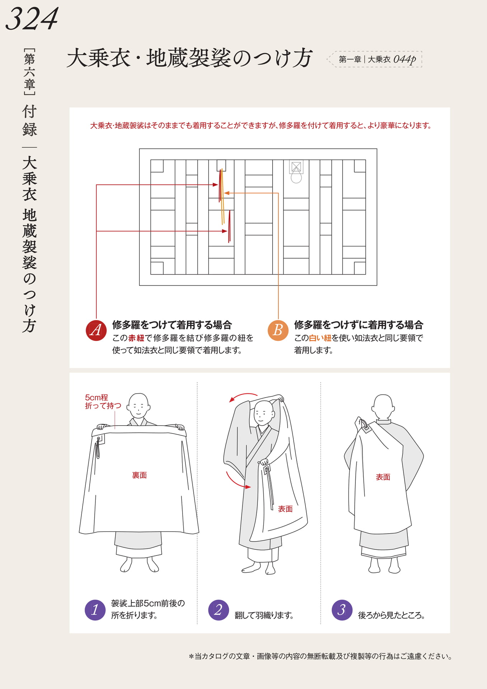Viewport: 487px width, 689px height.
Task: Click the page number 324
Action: click(32, 19)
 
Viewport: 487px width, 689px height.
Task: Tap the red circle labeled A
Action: click(96, 330)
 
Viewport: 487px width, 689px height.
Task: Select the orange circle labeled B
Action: click(278, 330)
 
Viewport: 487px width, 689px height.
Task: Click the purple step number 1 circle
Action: click(95, 610)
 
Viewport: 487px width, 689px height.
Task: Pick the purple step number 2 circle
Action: click(218, 610)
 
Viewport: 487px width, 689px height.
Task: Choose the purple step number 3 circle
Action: click(342, 610)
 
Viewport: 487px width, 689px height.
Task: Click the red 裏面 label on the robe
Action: click(140, 475)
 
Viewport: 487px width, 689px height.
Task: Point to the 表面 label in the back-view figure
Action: click(383, 477)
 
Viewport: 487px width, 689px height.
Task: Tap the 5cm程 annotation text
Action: click(96, 397)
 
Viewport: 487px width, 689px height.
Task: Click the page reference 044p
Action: click(405, 59)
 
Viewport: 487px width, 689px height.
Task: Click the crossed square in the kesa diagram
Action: click(296, 167)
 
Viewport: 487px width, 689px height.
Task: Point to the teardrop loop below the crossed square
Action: click(296, 176)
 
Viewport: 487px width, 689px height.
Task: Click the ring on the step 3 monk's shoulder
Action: click(364, 425)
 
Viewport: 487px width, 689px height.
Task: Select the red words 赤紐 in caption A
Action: click(136, 338)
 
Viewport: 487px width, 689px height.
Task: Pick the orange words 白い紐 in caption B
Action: click(320, 338)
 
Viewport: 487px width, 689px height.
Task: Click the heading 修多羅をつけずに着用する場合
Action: click(359, 325)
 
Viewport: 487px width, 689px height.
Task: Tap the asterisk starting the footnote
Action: click(191, 656)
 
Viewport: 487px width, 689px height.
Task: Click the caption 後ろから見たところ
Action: click(392, 615)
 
